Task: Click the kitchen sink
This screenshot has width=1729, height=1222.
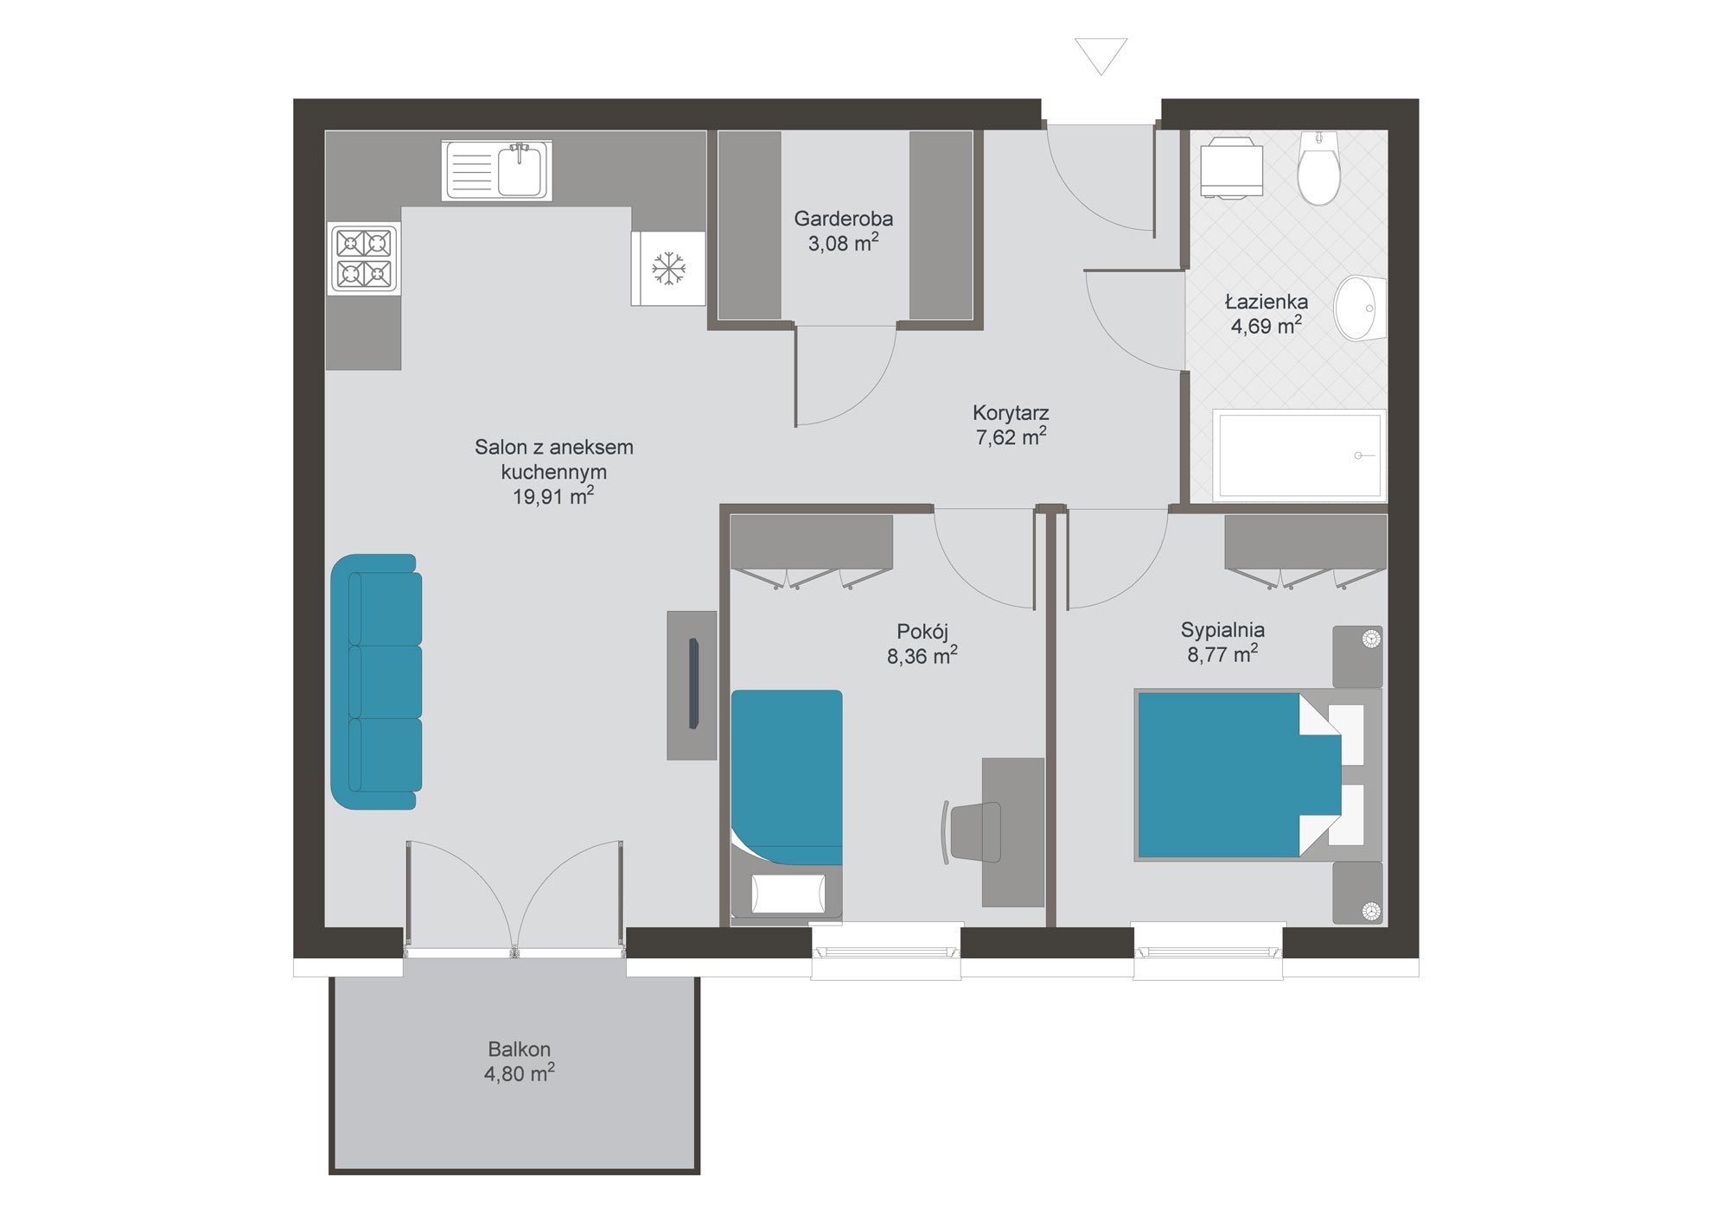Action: [x=496, y=170]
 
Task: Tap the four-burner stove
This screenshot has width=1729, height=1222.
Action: [x=364, y=258]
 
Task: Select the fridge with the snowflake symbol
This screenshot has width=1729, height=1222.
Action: [x=668, y=268]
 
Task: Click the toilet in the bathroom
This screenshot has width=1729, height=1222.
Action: [x=1318, y=168]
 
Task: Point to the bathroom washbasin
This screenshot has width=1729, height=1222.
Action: [x=1360, y=308]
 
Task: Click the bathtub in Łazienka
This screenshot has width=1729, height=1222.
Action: [x=1299, y=455]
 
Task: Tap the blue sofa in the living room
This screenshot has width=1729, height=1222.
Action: [x=376, y=682]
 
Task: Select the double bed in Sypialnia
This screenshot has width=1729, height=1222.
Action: [x=1258, y=774]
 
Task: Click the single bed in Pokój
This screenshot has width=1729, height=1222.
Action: [x=787, y=804]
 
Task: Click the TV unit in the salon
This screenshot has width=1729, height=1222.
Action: [x=692, y=685]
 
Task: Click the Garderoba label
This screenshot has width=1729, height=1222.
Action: [x=843, y=219]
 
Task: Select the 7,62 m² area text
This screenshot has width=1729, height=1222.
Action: [x=1011, y=436]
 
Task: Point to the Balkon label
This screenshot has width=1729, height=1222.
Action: [x=519, y=1049]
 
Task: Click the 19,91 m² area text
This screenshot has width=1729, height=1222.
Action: [x=553, y=496]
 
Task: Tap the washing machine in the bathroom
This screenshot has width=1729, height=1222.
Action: [x=1231, y=168]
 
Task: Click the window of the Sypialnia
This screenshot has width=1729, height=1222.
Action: [x=1208, y=952]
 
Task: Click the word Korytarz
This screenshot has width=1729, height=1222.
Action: [x=1011, y=412]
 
